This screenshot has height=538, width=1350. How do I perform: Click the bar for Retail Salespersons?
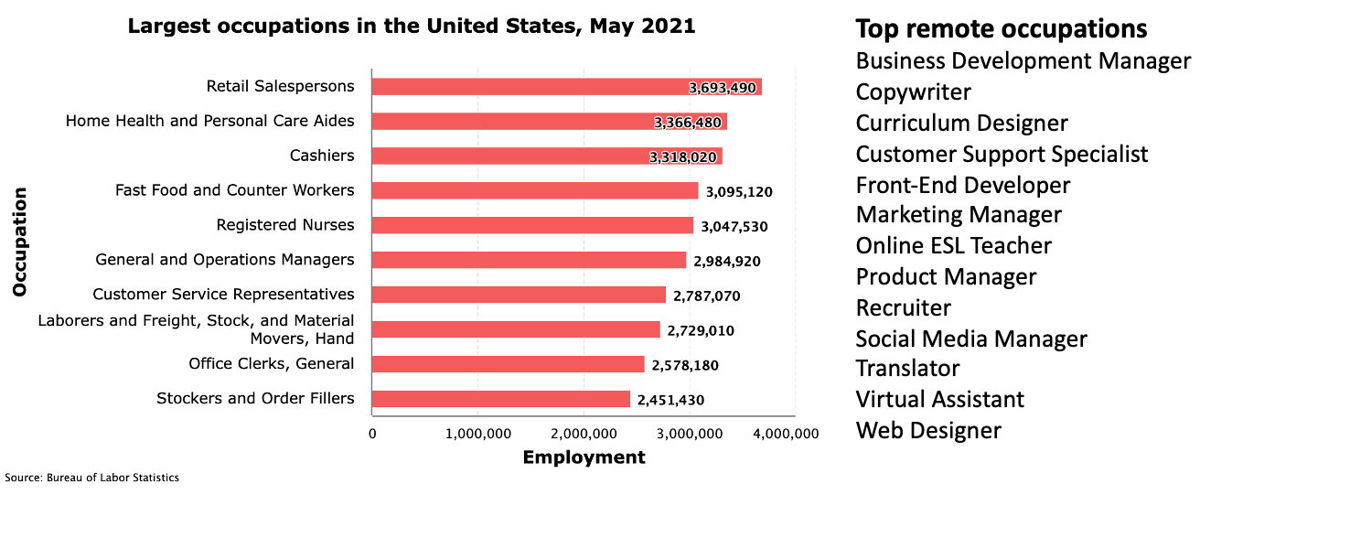(x=530, y=87)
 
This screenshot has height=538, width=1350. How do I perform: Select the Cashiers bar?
(x=512, y=156)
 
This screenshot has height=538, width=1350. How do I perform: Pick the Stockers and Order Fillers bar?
(x=501, y=399)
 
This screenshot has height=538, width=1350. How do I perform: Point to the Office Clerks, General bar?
(x=508, y=364)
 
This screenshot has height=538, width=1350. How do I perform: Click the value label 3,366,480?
(x=688, y=123)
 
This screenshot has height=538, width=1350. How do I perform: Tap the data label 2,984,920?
(x=727, y=262)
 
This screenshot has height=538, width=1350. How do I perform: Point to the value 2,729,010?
(x=701, y=331)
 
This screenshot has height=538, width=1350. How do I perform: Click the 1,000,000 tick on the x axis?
(x=478, y=434)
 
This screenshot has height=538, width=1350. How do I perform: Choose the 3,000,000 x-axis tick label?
(x=690, y=434)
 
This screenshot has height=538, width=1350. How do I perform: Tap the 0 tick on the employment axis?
(x=372, y=434)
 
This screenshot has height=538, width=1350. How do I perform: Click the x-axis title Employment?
(x=584, y=457)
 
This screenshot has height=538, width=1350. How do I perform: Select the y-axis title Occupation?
(x=20, y=242)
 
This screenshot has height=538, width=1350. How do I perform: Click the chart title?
(x=412, y=26)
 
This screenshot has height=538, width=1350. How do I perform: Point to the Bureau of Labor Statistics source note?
(x=91, y=478)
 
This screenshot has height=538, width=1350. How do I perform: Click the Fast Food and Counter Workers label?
(x=234, y=190)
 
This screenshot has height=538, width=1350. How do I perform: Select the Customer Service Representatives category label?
(x=223, y=295)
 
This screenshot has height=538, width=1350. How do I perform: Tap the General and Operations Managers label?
(x=224, y=260)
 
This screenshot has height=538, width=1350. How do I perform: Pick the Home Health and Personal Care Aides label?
(x=209, y=121)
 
